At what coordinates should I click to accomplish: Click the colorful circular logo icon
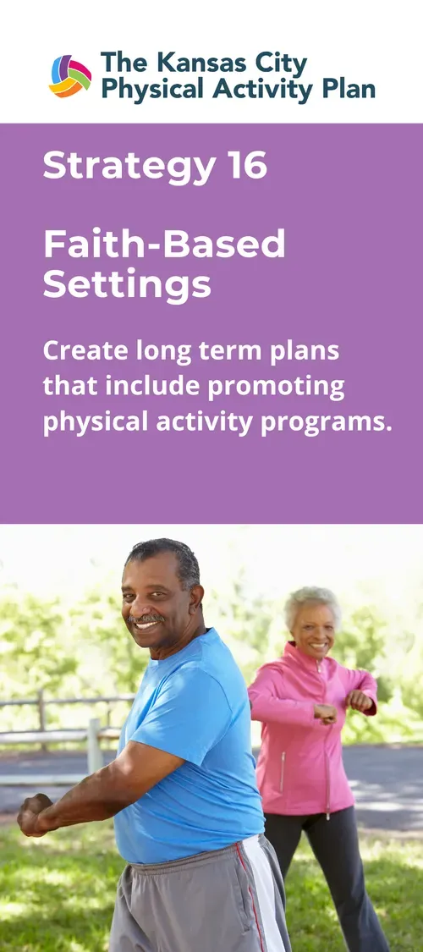click(x=70, y=76)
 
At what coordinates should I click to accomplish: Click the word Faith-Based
click(x=164, y=245)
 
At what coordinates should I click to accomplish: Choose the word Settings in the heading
click(x=127, y=284)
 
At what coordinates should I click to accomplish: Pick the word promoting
click(x=277, y=386)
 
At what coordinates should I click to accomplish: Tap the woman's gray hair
click(x=312, y=600)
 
